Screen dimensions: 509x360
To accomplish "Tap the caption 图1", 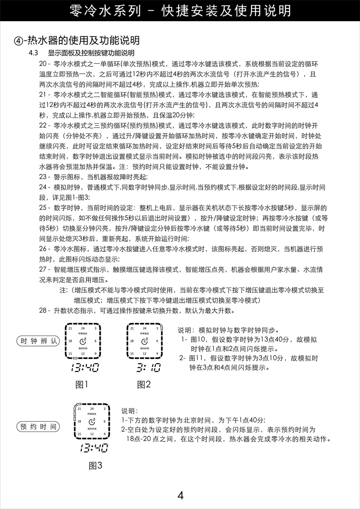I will [82, 384].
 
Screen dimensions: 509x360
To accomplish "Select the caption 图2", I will [144, 384].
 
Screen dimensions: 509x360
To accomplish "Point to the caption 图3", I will [96, 465].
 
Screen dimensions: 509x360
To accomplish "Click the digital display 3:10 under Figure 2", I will [148, 368].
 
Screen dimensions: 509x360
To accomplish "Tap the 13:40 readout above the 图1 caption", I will [85, 368].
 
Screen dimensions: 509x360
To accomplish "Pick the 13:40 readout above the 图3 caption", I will [94, 448].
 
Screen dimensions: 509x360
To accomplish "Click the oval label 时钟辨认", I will [38, 341].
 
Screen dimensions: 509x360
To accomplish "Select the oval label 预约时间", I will [38, 426].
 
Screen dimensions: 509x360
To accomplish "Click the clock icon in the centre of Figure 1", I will [82, 341].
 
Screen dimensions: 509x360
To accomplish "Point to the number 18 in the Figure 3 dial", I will [79, 422].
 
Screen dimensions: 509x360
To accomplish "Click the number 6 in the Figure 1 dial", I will [95, 341].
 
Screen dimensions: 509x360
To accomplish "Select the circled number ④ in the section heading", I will [19, 41].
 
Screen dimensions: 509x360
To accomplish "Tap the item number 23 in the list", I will [43, 177].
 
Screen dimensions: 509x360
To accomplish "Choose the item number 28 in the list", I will [43, 311].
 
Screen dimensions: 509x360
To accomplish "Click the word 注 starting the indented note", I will [63, 290].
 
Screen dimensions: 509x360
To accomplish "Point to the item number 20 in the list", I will [43, 64].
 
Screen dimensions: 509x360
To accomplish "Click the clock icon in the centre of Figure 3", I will [92, 421].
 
